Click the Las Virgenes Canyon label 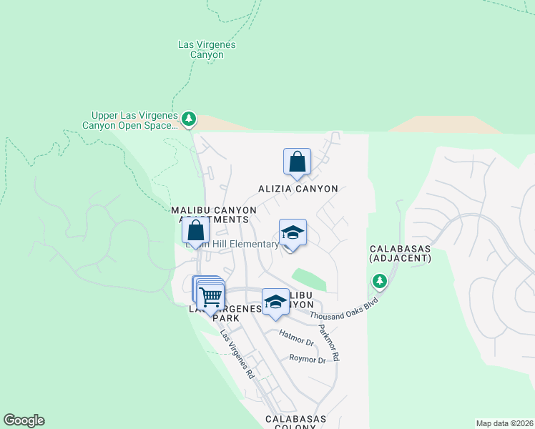tap(207, 50)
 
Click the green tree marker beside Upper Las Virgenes tap(188, 119)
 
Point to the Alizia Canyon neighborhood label tap(298, 189)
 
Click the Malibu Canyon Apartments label tap(214, 214)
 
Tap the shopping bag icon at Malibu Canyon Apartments tap(195, 230)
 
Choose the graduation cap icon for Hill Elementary tap(293, 232)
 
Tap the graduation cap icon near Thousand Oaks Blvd tap(275, 302)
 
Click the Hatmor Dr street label tap(297, 342)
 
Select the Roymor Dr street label tap(308, 360)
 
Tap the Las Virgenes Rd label tap(237, 353)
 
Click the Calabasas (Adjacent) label tap(401, 253)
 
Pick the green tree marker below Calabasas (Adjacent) tap(379, 281)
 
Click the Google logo tap(24, 420)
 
